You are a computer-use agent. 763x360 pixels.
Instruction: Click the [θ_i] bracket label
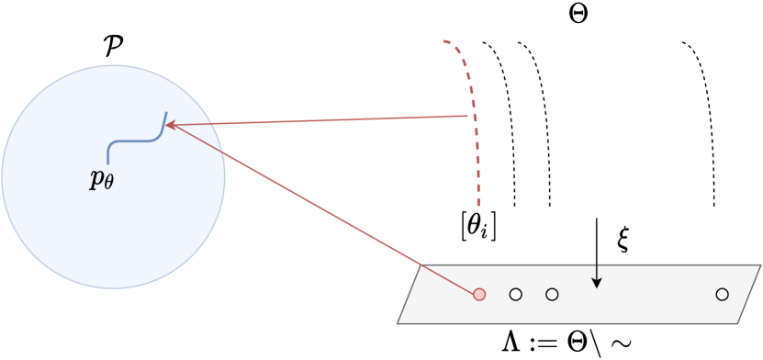coord(479,225)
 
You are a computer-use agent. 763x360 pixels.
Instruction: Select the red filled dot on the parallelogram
coord(478,295)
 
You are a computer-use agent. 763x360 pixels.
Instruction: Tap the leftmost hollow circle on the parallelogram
coord(515,295)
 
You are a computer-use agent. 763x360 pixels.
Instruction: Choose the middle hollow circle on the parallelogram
coord(552,295)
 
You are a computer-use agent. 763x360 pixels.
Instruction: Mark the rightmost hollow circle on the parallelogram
coord(722,294)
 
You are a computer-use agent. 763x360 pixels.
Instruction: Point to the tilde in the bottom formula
coord(622,344)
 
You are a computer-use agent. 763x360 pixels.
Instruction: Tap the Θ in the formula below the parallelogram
coord(574,343)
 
